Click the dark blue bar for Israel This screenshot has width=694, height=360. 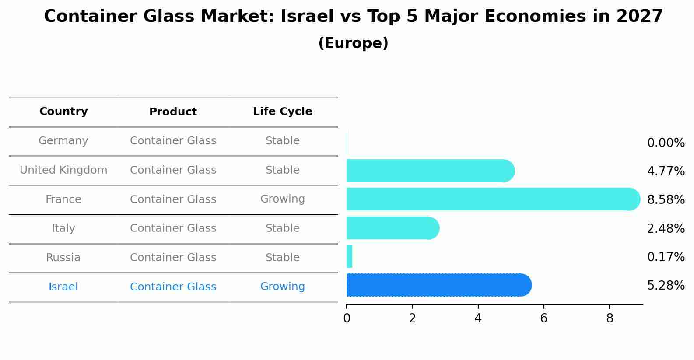pos(438,285)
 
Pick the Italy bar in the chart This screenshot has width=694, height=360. pos(392,228)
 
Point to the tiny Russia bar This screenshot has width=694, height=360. pos(349,256)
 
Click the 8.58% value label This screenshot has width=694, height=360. pos(666,200)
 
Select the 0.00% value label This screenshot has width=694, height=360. pos(666,143)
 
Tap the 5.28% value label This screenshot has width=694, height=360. pos(666,286)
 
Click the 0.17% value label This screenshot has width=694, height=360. pos(666,257)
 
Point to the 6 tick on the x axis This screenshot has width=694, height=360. pos(543,318)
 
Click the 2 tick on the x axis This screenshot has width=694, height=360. pos(412,318)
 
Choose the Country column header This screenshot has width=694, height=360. pos(63,112)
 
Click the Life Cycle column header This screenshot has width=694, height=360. pos(282,112)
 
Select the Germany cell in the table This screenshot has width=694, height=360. pos(63,141)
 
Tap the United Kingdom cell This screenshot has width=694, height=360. pos(63,170)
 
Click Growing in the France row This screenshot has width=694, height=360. pos(282,199)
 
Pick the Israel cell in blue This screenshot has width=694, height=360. pos(63,287)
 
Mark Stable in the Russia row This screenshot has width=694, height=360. pos(282,258)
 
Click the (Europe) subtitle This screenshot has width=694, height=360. pos(353,43)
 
